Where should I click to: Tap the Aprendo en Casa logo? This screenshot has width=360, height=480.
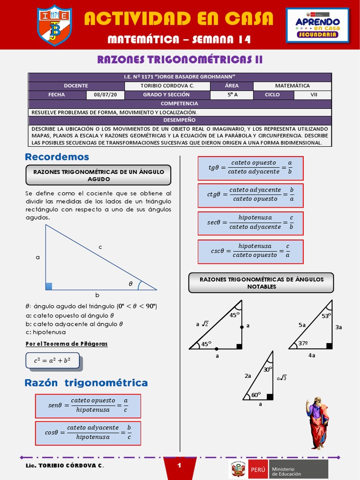(x=317, y=25)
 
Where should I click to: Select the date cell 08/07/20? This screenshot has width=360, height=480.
(x=105, y=95)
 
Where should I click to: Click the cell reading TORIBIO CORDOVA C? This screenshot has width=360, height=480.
(x=167, y=86)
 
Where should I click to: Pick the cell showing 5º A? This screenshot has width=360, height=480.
(x=231, y=95)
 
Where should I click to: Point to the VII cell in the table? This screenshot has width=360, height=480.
(x=314, y=95)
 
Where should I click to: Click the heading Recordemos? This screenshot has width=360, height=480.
(x=57, y=157)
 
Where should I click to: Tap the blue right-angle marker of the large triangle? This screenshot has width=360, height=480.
(x=48, y=286)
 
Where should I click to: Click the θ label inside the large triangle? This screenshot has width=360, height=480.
(x=131, y=284)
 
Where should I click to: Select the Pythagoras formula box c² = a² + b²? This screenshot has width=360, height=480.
(x=52, y=361)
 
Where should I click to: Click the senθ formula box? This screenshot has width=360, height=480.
(x=88, y=405)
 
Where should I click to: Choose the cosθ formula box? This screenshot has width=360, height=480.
(x=88, y=433)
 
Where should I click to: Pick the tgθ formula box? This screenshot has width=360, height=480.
(x=250, y=167)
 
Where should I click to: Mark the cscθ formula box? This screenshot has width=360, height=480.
(x=250, y=251)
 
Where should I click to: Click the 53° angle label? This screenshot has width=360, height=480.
(x=326, y=316)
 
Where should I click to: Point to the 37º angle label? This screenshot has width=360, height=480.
(x=304, y=344)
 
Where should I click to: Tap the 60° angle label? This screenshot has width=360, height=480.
(x=255, y=395)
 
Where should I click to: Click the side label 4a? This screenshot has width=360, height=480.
(x=312, y=356)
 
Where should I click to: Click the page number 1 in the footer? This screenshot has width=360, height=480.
(x=180, y=465)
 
